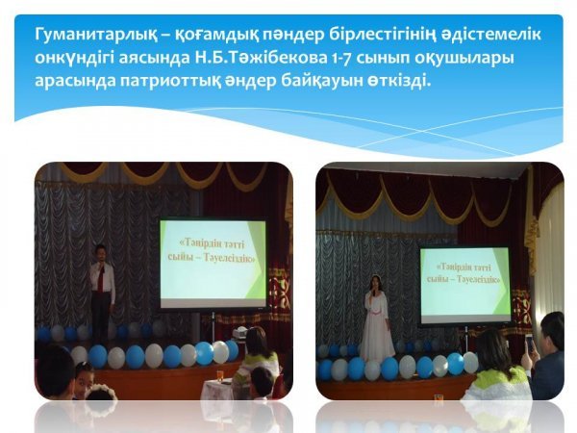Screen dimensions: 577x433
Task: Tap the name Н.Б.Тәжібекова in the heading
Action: point(259,58)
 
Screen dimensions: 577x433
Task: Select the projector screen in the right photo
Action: point(465,286)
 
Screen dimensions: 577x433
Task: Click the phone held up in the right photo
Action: point(530,344)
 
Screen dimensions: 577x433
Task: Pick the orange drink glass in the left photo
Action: point(220,376)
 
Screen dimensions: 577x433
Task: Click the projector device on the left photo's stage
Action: point(239,333)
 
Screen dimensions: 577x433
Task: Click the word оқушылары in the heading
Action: point(465,59)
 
